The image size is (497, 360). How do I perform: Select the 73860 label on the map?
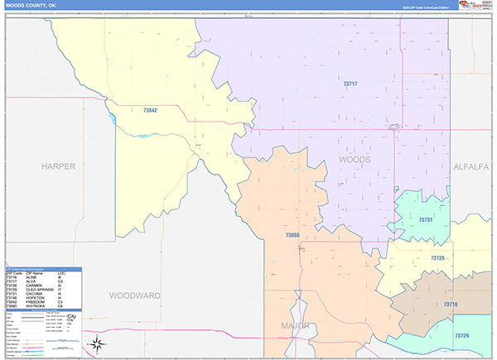292,235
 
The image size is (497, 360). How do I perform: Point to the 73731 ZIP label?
426,219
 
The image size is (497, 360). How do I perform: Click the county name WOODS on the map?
355,159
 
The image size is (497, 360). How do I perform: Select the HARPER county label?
59,166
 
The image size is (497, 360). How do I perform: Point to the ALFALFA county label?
472,166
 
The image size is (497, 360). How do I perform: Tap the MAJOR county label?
296,325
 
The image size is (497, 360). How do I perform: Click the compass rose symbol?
98,343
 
